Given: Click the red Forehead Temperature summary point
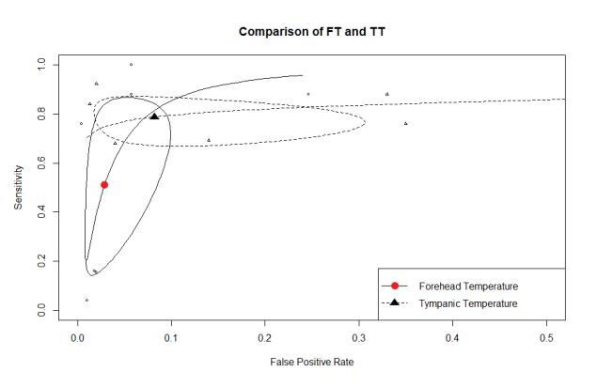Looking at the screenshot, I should click(x=104, y=185).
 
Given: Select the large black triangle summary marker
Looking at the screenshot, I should click(x=153, y=116).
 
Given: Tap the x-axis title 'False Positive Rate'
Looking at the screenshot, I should click(x=311, y=361).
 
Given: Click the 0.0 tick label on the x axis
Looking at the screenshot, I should click(x=77, y=334).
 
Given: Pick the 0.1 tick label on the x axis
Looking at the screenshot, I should click(x=171, y=334).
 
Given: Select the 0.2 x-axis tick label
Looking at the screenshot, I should click(x=265, y=334).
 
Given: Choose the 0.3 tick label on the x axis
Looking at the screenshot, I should click(x=359, y=334).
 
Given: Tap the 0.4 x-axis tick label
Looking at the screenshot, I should click(x=453, y=334).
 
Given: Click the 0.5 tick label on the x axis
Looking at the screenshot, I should click(x=547, y=334).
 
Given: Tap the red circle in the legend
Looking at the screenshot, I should click(x=396, y=286).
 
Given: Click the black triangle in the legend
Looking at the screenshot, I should click(x=396, y=302).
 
